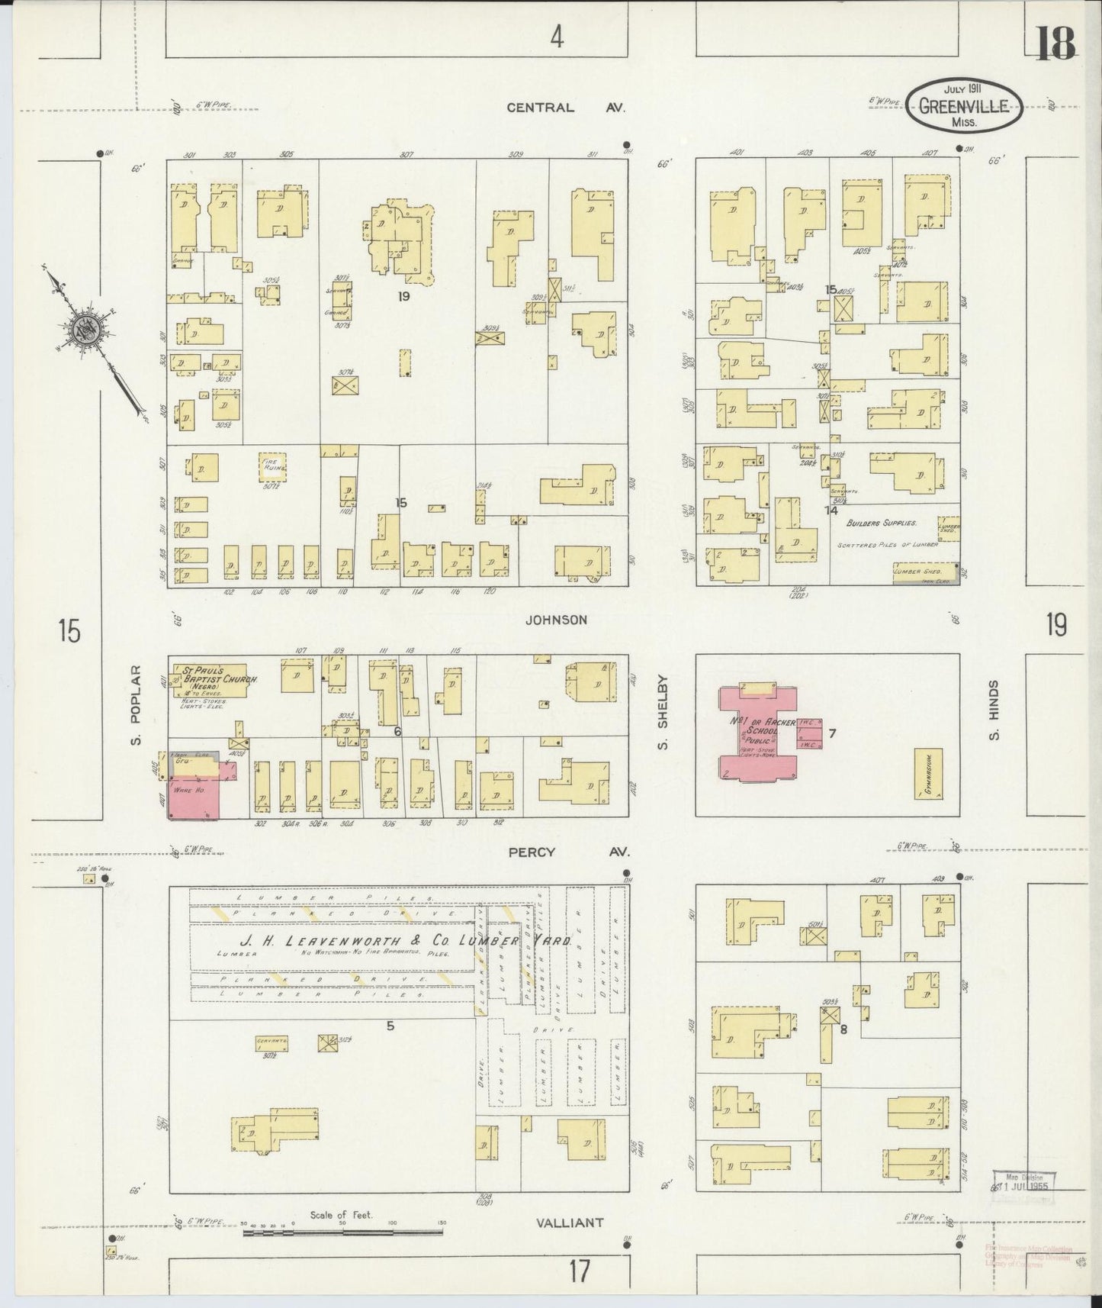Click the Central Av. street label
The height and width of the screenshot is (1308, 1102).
[x=565, y=108]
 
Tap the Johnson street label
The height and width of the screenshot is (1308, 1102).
[x=556, y=620]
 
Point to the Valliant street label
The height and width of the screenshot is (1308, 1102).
[x=569, y=1223]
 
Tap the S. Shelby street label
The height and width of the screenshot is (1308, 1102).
[x=662, y=711]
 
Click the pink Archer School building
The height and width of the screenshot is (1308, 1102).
[x=760, y=733]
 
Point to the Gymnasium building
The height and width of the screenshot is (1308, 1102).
[x=927, y=772]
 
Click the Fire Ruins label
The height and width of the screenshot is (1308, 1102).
[x=271, y=466]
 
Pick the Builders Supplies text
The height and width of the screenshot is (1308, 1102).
[x=881, y=524]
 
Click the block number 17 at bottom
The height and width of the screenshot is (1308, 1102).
[x=580, y=1271]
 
